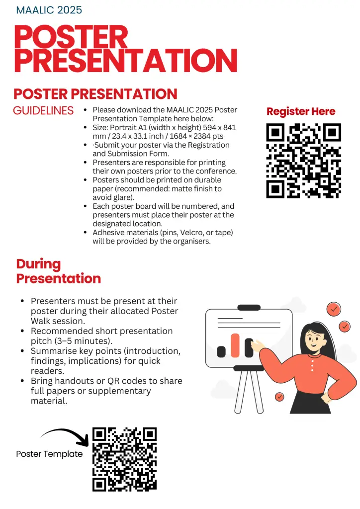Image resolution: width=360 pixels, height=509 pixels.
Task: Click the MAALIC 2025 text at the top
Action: click(x=49, y=10)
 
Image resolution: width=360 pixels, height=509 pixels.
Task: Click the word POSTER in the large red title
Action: click(x=71, y=37)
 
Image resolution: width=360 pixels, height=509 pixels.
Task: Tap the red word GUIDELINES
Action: click(x=43, y=111)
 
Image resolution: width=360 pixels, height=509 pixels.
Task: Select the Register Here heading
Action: click(x=301, y=111)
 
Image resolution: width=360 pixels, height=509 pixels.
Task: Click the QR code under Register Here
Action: click(x=303, y=161)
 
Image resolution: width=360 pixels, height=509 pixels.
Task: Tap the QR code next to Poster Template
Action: click(x=125, y=459)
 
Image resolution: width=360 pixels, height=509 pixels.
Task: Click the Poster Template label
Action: click(x=49, y=454)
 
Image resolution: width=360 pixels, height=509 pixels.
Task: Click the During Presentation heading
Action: click(x=59, y=271)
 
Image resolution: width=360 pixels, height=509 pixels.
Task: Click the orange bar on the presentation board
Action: click(x=235, y=345)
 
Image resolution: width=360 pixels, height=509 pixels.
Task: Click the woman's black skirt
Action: click(x=310, y=402)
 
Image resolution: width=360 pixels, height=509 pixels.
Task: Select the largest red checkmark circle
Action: click(x=334, y=309)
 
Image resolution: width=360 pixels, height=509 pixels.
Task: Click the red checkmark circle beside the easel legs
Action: click(x=279, y=397)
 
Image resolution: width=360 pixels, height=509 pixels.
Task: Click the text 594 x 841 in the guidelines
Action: click(x=219, y=128)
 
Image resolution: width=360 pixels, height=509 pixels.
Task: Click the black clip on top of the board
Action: click(x=249, y=307)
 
